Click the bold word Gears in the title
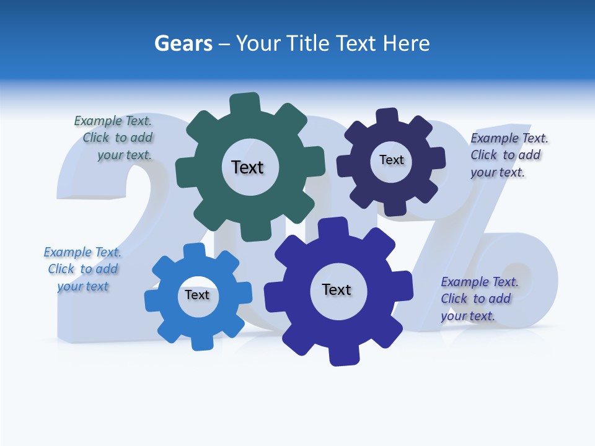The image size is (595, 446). click(183, 44)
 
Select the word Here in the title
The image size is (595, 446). click(407, 44)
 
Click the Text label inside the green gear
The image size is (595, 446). click(247, 167)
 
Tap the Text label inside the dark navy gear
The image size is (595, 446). click(391, 160)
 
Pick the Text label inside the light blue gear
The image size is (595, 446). click(197, 295)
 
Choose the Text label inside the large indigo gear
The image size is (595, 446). click(337, 289)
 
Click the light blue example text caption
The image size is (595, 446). click(82, 269)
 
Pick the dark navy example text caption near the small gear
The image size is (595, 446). click(508, 155)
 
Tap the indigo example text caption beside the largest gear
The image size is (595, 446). click(478, 299)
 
